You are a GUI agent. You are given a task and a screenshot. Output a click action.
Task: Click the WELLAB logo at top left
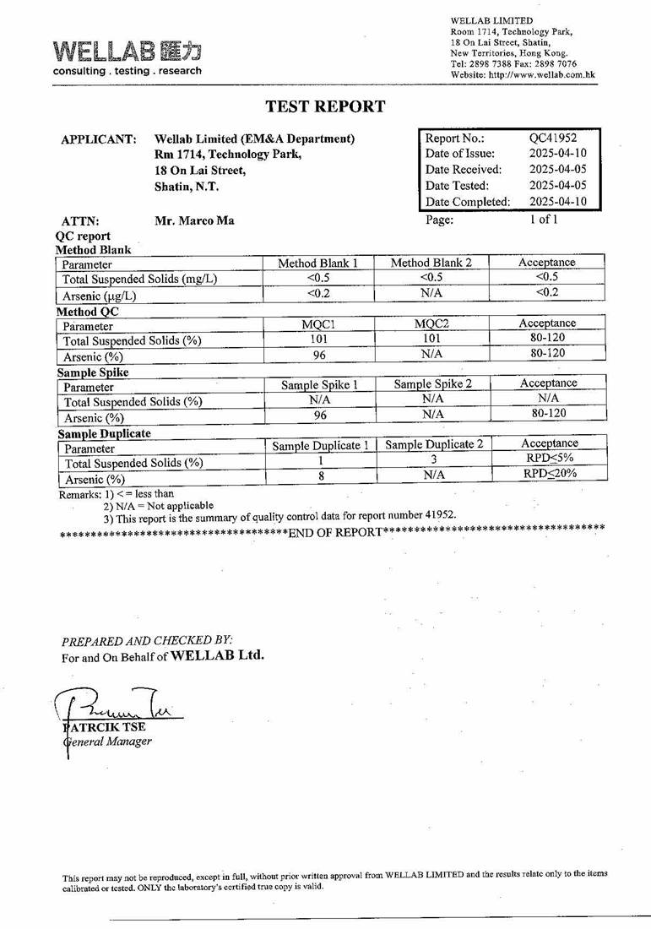click(127, 57)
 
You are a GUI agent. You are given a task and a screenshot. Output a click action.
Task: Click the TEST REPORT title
click(325, 106)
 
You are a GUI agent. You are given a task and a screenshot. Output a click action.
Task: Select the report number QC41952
click(552, 138)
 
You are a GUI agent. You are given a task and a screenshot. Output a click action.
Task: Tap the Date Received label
click(463, 170)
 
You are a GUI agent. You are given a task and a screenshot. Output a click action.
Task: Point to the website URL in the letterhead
click(523, 74)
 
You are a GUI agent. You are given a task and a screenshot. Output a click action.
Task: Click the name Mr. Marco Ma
click(194, 220)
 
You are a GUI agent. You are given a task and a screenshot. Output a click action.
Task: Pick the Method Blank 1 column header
click(317, 263)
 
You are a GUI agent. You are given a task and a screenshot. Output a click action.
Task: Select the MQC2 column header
click(431, 323)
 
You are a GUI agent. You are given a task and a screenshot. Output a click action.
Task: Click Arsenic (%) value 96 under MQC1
click(319, 356)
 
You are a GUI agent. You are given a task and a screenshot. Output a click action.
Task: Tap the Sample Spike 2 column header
click(432, 384)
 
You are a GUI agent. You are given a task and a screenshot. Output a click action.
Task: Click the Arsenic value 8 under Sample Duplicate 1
click(320, 476)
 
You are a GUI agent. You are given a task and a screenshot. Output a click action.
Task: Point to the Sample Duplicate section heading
click(104, 433)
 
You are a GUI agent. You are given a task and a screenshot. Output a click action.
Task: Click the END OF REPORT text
click(334, 532)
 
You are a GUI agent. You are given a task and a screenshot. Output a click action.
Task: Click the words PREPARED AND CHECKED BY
click(147, 641)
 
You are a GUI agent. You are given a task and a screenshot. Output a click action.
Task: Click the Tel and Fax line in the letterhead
click(513, 63)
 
